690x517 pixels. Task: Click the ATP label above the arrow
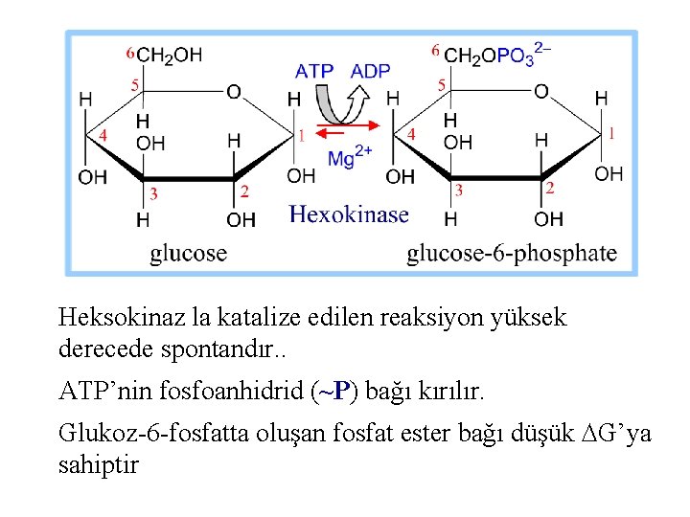(x=313, y=72)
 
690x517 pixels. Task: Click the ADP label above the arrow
(x=370, y=72)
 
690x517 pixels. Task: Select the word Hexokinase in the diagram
(x=349, y=214)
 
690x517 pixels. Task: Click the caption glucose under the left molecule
(x=189, y=253)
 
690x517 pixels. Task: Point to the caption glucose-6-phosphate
(x=512, y=253)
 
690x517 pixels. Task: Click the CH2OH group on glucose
(x=170, y=56)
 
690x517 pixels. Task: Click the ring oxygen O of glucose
(x=233, y=92)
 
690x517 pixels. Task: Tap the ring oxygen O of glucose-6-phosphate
(x=541, y=92)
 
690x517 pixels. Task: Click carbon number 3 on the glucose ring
(x=153, y=193)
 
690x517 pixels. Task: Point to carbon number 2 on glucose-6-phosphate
(x=549, y=189)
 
